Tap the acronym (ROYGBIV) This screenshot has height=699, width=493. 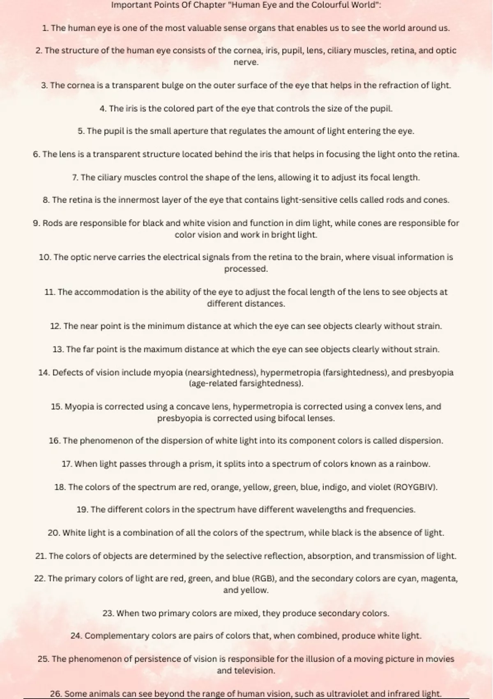[415, 487]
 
